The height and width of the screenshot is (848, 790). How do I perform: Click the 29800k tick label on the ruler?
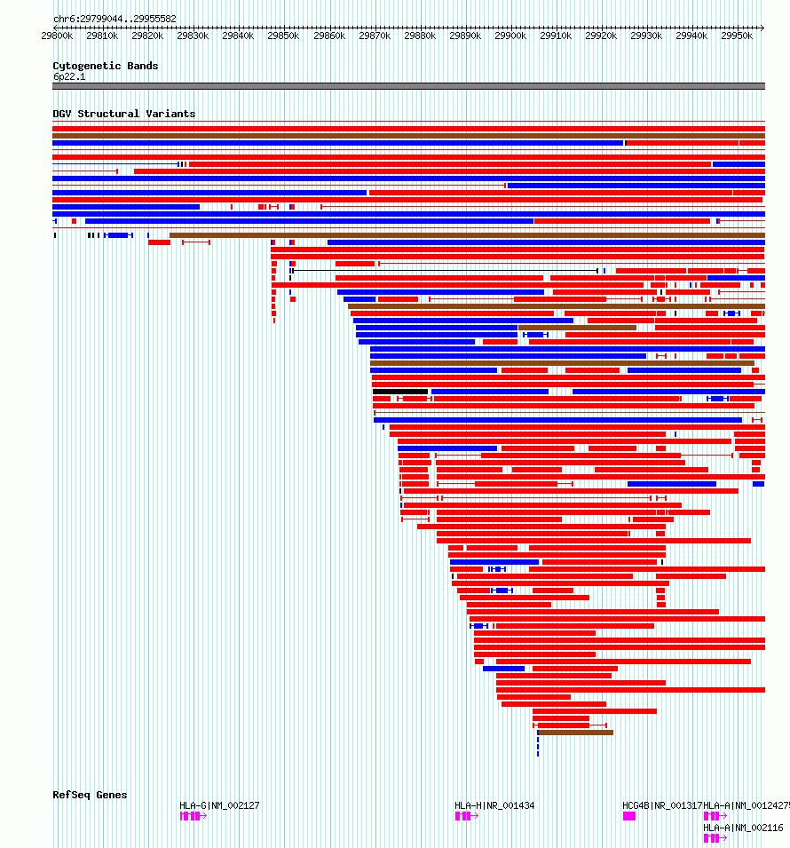pos(57,36)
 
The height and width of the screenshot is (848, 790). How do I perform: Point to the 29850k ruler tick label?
pos(284,36)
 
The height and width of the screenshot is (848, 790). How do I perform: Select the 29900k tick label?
pos(511,36)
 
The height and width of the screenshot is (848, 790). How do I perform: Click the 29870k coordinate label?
pos(375,36)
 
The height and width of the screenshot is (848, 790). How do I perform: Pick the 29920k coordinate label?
pos(602,36)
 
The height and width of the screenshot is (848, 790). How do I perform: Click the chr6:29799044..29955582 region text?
pos(115,19)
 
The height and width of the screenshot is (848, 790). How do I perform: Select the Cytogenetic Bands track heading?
pos(106,66)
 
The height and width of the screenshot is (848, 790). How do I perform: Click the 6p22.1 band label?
pos(69,76)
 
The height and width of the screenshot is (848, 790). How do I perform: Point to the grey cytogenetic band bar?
pos(408,86)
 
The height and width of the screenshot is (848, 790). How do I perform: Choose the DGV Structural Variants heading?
pos(124,114)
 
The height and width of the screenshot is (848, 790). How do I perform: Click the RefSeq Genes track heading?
pos(90,795)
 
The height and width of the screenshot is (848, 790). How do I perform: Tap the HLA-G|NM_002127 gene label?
pos(219,805)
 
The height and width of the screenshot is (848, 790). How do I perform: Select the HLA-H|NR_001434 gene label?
pos(494,805)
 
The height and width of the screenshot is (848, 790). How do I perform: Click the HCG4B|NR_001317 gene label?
pos(662,805)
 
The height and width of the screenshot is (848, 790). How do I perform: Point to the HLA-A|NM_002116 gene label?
pos(743,828)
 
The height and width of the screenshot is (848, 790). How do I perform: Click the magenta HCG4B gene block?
pos(629,816)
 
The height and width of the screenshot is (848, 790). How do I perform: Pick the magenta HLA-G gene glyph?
pos(192,816)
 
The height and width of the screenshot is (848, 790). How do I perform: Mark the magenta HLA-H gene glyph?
pos(464,816)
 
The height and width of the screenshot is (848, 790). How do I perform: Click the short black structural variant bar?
pos(400,392)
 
